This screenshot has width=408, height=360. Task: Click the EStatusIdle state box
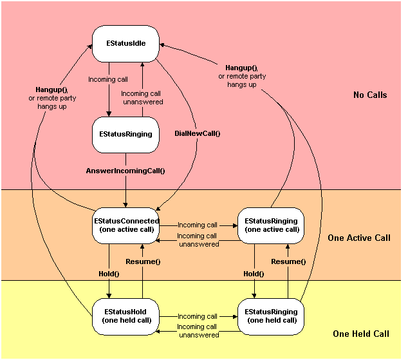tap(125, 44)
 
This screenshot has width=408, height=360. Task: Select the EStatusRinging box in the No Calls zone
tap(125, 135)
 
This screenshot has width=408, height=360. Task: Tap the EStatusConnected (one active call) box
tap(125, 225)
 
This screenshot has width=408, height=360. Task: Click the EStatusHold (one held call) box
tap(125, 316)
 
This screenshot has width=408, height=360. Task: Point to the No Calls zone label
tap(370, 95)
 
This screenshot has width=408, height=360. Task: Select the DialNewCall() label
tap(198, 134)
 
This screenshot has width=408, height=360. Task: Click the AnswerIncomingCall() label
tap(125, 171)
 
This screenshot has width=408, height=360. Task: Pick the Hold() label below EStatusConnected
tap(109, 274)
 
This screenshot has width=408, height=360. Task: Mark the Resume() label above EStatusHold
tap(143, 262)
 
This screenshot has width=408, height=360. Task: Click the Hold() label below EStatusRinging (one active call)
tap(254, 274)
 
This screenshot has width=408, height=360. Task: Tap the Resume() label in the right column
tap(288, 262)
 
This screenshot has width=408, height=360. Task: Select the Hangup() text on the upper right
tap(241, 68)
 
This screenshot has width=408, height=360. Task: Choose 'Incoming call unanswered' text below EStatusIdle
tap(142, 98)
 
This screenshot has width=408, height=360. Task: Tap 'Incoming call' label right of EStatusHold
tap(198, 316)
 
